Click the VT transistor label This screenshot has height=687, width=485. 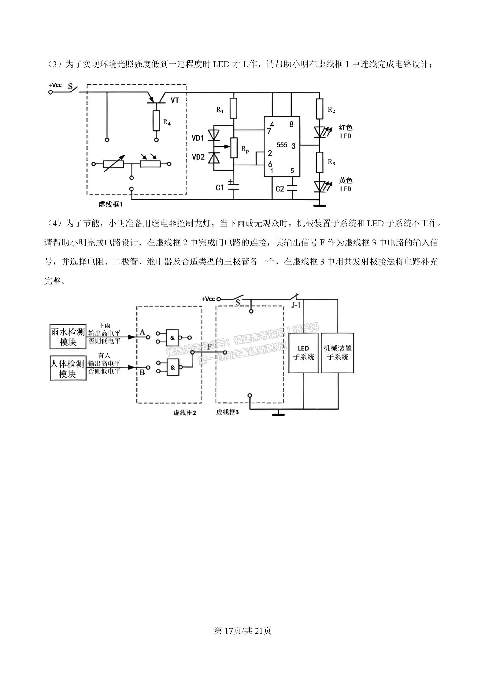[175, 100]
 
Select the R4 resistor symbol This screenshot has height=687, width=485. [156, 121]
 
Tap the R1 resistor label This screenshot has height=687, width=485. [220, 110]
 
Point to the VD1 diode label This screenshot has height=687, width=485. [198, 138]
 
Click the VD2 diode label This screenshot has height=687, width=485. [198, 157]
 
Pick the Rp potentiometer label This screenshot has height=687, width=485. [245, 149]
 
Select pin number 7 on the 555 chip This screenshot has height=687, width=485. [269, 131]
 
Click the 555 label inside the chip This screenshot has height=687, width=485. [282, 145]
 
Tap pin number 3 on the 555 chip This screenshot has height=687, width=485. [294, 146]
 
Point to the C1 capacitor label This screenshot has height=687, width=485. [220, 188]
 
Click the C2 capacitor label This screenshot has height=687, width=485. [280, 189]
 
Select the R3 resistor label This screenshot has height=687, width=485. [331, 162]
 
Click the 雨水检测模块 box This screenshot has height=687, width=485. [68, 337]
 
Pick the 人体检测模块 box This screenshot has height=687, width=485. [68, 368]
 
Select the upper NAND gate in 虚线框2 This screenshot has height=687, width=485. [172, 337]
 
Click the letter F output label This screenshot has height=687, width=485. [209, 347]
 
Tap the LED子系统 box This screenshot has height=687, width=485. [303, 353]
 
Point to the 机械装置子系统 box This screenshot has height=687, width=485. [338, 353]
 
